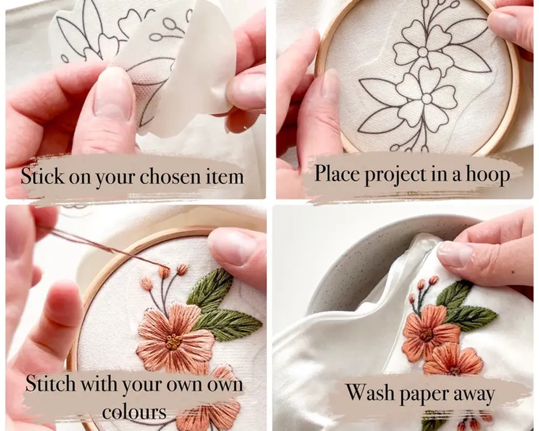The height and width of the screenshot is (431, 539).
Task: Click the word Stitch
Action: click(x=50, y=384)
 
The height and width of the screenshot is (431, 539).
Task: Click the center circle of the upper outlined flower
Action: click(x=423, y=52)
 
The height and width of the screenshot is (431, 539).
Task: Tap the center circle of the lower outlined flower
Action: click(x=426, y=99)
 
